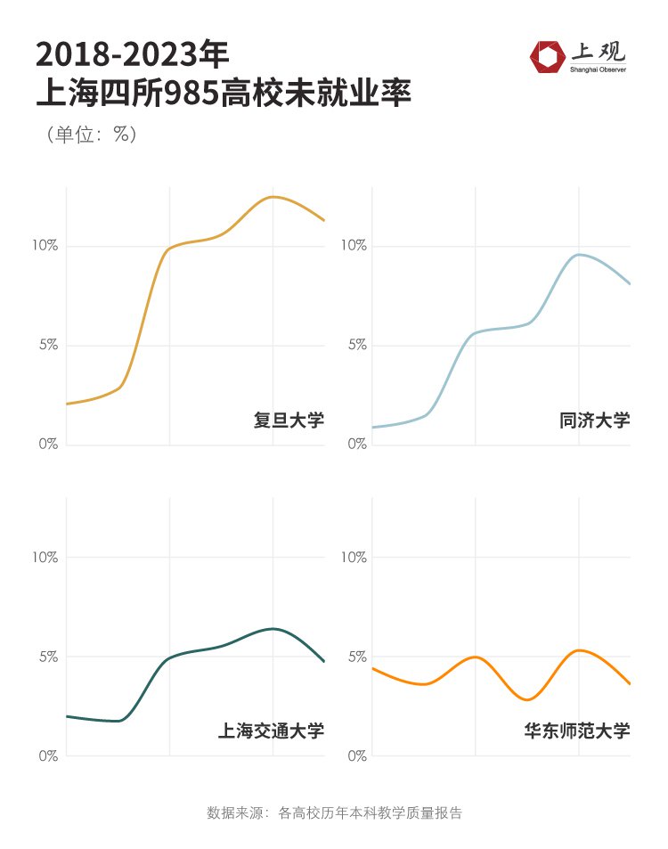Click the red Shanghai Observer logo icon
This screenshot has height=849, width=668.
click(x=545, y=56)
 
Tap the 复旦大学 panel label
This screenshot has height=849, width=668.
click(x=289, y=420)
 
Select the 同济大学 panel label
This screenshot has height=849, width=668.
click(x=594, y=420)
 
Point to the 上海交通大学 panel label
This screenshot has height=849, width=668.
click(x=271, y=731)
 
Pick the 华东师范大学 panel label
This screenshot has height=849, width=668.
click(x=576, y=731)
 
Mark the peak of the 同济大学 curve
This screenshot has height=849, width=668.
click(x=579, y=255)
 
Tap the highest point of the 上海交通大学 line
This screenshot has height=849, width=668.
click(x=273, y=629)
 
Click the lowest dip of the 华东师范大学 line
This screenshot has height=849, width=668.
click(x=527, y=699)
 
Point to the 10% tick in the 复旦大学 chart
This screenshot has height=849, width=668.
click(x=45, y=246)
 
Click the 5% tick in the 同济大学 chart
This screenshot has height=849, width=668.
click(x=355, y=345)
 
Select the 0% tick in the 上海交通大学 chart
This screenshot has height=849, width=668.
click(x=48, y=756)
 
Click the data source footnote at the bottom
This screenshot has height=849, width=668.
click(x=334, y=812)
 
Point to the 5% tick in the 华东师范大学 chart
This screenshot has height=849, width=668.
click(x=355, y=657)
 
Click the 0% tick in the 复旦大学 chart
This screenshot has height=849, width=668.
click(x=48, y=444)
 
